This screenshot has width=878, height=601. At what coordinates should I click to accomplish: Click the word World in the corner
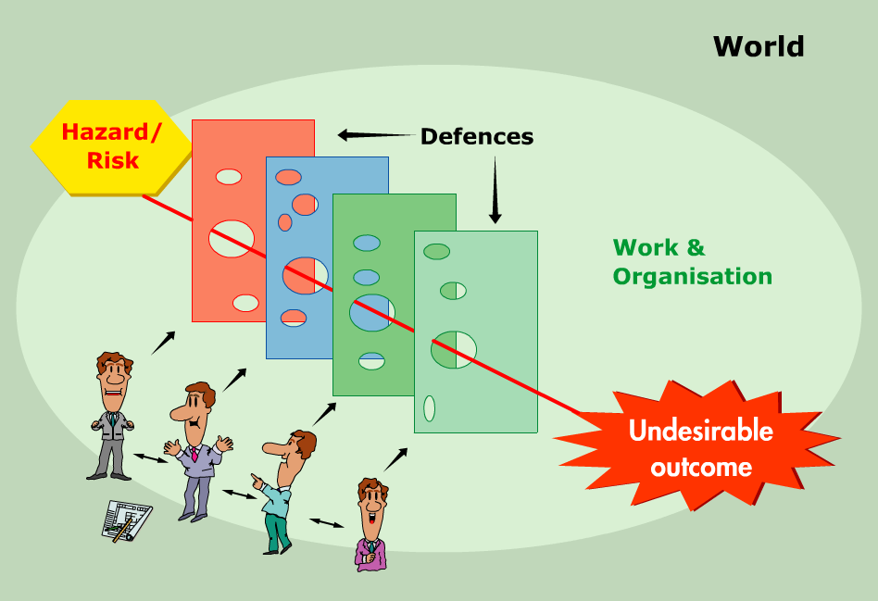(x=759, y=46)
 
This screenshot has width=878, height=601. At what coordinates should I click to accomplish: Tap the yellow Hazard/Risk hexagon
(x=112, y=145)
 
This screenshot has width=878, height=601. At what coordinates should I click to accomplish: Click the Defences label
(x=476, y=137)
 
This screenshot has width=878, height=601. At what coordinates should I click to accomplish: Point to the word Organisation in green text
(x=692, y=276)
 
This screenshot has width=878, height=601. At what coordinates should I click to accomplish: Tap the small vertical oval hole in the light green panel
(x=429, y=407)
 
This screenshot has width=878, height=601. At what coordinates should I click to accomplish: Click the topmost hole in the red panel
(x=229, y=176)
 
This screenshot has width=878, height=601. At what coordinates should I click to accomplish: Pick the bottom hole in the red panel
(x=245, y=303)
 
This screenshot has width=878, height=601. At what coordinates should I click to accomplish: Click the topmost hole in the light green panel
(x=436, y=251)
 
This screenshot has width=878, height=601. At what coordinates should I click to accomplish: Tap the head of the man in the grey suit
(x=114, y=375)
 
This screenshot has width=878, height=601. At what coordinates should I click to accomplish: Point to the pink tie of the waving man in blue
(x=194, y=454)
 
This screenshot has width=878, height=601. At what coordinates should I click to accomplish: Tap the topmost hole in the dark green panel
(x=367, y=243)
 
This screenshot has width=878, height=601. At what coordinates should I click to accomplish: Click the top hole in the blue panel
(x=288, y=177)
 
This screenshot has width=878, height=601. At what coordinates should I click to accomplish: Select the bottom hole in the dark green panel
(x=371, y=361)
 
